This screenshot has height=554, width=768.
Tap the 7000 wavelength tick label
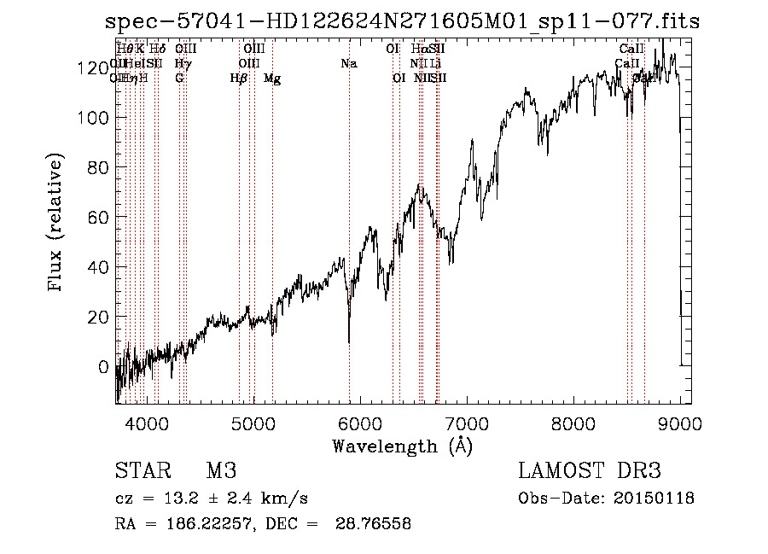[x=467, y=423]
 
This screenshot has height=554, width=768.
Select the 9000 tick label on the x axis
[x=680, y=423]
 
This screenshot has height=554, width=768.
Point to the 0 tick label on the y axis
[x=103, y=367]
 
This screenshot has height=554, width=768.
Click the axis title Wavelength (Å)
[x=402, y=446]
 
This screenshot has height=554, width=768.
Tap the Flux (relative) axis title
[x=57, y=224]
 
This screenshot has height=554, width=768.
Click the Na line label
[x=348, y=64]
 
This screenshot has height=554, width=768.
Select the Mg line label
[x=272, y=79]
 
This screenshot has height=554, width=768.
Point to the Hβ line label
[x=239, y=79]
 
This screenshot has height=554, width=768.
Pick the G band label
[x=179, y=79]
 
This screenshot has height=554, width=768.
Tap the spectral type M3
[x=221, y=471]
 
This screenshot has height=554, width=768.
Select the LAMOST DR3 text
[x=590, y=471]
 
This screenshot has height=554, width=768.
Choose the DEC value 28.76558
[x=376, y=524]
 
